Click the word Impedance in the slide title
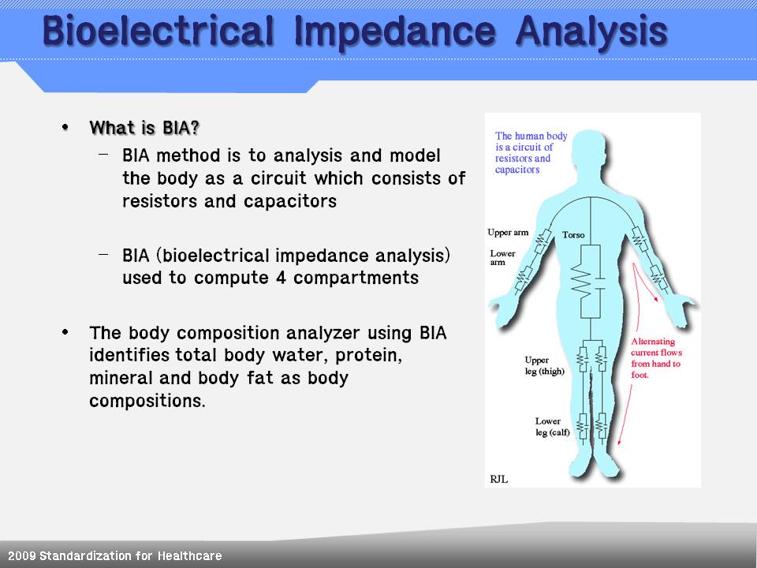[x=394, y=32]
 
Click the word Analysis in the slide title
[x=591, y=32]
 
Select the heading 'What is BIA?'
[x=144, y=128]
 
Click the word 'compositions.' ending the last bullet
[x=147, y=401]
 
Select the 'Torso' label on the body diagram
[x=573, y=235]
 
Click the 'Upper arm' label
[x=508, y=232]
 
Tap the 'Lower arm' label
[x=502, y=258]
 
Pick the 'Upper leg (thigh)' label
[x=545, y=365]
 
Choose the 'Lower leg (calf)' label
[x=552, y=427]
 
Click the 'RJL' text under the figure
[x=498, y=480]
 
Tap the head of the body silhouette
[x=591, y=154]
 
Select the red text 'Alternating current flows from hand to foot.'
[x=656, y=358]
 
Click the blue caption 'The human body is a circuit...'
[x=531, y=152]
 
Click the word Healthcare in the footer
[x=190, y=556]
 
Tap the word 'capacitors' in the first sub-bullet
[x=289, y=201]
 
